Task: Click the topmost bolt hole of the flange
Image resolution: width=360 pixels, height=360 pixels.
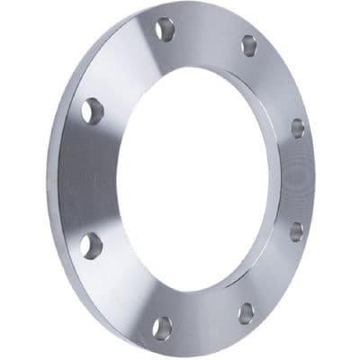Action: [164, 30]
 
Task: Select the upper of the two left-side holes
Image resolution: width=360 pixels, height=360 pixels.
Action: [92, 111]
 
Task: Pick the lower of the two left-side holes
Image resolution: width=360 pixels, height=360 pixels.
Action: [90, 243]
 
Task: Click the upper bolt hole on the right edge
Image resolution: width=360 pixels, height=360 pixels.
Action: [298, 128]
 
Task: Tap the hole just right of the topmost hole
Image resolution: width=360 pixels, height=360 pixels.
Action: [248, 45]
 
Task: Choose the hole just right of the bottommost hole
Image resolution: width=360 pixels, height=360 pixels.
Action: [246, 311]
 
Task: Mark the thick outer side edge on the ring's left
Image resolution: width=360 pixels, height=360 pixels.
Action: [65, 180]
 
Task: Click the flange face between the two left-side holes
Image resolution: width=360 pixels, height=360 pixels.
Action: [94, 177]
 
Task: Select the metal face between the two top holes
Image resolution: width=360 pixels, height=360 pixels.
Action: [206, 34]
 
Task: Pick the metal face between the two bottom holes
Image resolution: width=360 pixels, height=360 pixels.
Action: [204, 320]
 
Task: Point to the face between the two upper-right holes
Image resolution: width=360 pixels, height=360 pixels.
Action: [277, 84]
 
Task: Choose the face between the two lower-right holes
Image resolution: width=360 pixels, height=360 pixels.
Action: [274, 274]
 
